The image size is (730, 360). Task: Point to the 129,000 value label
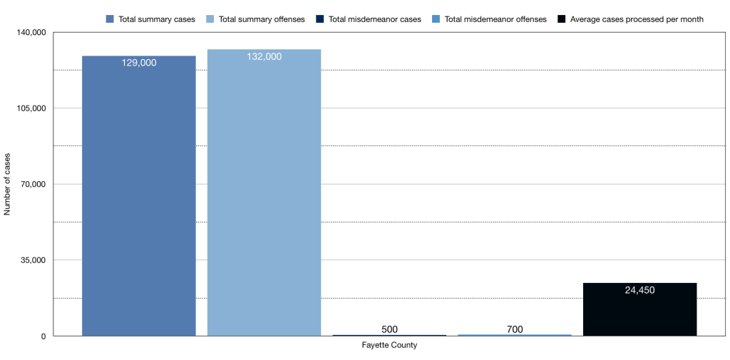[139, 63]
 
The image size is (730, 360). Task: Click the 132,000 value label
[264, 56]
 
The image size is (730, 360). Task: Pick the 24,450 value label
[639, 290]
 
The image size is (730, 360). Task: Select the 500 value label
[389, 329]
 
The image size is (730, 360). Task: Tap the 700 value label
[515, 329]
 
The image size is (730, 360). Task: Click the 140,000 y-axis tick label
[31, 33]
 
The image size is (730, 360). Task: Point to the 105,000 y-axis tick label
[31, 108]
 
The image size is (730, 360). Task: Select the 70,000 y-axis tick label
[33, 185]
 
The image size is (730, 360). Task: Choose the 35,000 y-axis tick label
[33, 260]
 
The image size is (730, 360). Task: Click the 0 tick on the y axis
[43, 336]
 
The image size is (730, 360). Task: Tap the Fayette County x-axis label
[389, 346]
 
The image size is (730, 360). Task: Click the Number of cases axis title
[8, 184]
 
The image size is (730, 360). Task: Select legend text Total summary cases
[157, 19]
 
